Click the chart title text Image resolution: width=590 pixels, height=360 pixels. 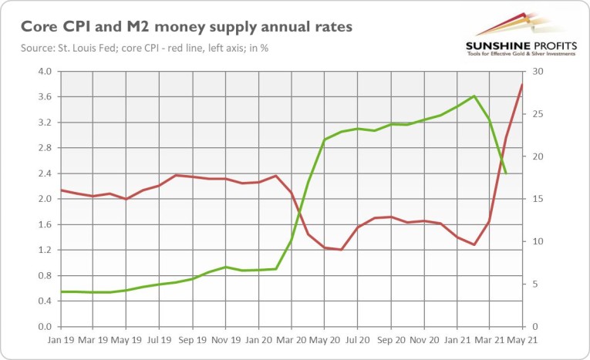point(187,27)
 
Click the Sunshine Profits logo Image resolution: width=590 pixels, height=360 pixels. point(521,34)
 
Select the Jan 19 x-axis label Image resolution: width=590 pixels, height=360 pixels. point(60,339)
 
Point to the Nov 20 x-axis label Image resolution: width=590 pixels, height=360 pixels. point(423,339)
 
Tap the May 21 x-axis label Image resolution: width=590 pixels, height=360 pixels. point(523,339)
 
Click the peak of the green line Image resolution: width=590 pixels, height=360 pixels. point(474,96)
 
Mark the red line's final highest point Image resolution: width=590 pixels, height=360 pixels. point(522,85)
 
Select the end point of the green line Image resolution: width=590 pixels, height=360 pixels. point(506,173)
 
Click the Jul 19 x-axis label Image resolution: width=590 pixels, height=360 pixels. point(159,339)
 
